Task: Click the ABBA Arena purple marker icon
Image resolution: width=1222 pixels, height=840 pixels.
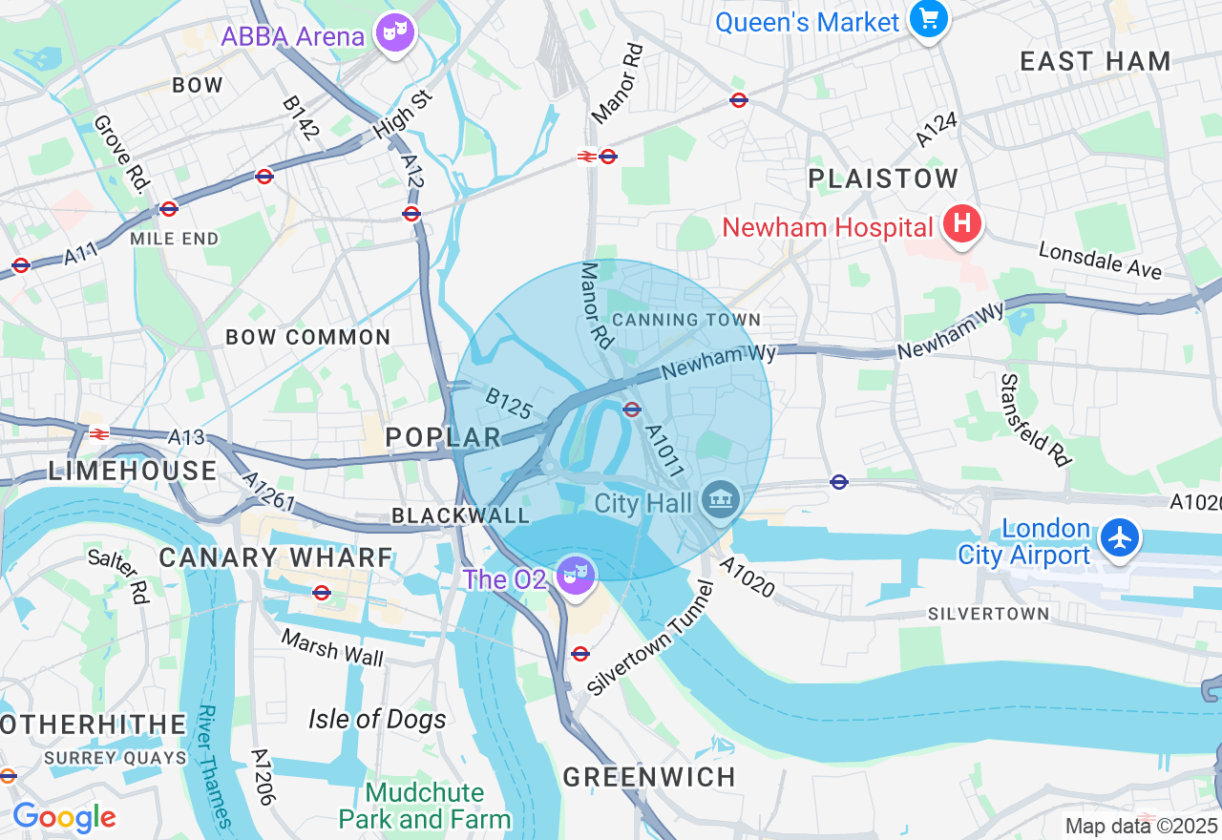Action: click(x=395, y=34)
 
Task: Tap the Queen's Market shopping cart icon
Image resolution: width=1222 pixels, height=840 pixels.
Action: click(x=928, y=19)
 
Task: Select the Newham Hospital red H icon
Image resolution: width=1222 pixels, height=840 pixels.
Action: click(x=961, y=225)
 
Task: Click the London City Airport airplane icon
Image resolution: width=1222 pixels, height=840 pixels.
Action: click(x=1119, y=537)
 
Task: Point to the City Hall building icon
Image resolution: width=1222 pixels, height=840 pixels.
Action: click(x=721, y=499)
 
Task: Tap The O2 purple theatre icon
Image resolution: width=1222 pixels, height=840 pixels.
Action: click(x=577, y=576)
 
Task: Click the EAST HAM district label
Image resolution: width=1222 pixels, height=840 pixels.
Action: click(x=1095, y=62)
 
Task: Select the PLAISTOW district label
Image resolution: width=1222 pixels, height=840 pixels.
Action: click(x=883, y=178)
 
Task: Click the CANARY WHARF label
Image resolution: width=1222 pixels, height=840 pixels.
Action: click(x=276, y=557)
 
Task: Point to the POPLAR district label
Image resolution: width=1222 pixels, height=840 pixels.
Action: click(x=443, y=438)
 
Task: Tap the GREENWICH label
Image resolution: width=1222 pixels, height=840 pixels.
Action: click(x=649, y=777)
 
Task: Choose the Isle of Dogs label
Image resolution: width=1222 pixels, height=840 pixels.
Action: click(x=377, y=719)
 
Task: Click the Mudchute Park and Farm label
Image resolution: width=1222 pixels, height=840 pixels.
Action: click(x=425, y=807)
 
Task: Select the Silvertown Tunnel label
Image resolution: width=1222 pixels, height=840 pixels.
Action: click(x=651, y=640)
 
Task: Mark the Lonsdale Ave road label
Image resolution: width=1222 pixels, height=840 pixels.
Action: click(x=1100, y=261)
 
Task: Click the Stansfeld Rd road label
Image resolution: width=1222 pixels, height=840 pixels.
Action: click(x=1034, y=420)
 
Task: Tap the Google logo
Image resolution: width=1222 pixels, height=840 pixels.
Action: click(x=64, y=818)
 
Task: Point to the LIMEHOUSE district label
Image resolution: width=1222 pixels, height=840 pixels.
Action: click(x=133, y=471)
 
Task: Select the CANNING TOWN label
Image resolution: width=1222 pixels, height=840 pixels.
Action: click(x=686, y=320)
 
